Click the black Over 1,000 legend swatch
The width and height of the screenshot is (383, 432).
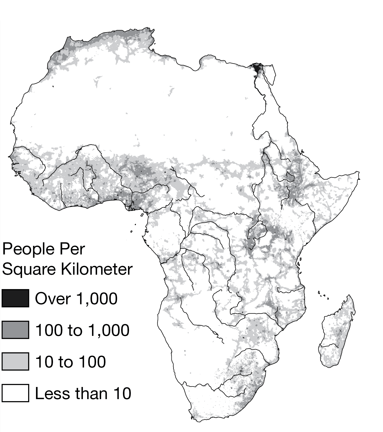pos(15,298)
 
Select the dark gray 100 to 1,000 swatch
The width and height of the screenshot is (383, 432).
pos(15,330)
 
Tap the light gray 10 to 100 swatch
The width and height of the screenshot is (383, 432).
pos(15,362)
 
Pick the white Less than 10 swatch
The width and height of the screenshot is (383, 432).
pos(15,393)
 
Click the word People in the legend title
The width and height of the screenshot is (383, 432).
pos(28,249)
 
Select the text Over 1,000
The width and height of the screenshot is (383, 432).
pos(76,299)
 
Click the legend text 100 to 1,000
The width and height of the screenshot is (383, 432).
pos(82,330)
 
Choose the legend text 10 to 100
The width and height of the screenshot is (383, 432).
pos(70,362)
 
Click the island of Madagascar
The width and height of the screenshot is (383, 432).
pos(337,334)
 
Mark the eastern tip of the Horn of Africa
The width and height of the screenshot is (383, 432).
pos(358,172)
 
